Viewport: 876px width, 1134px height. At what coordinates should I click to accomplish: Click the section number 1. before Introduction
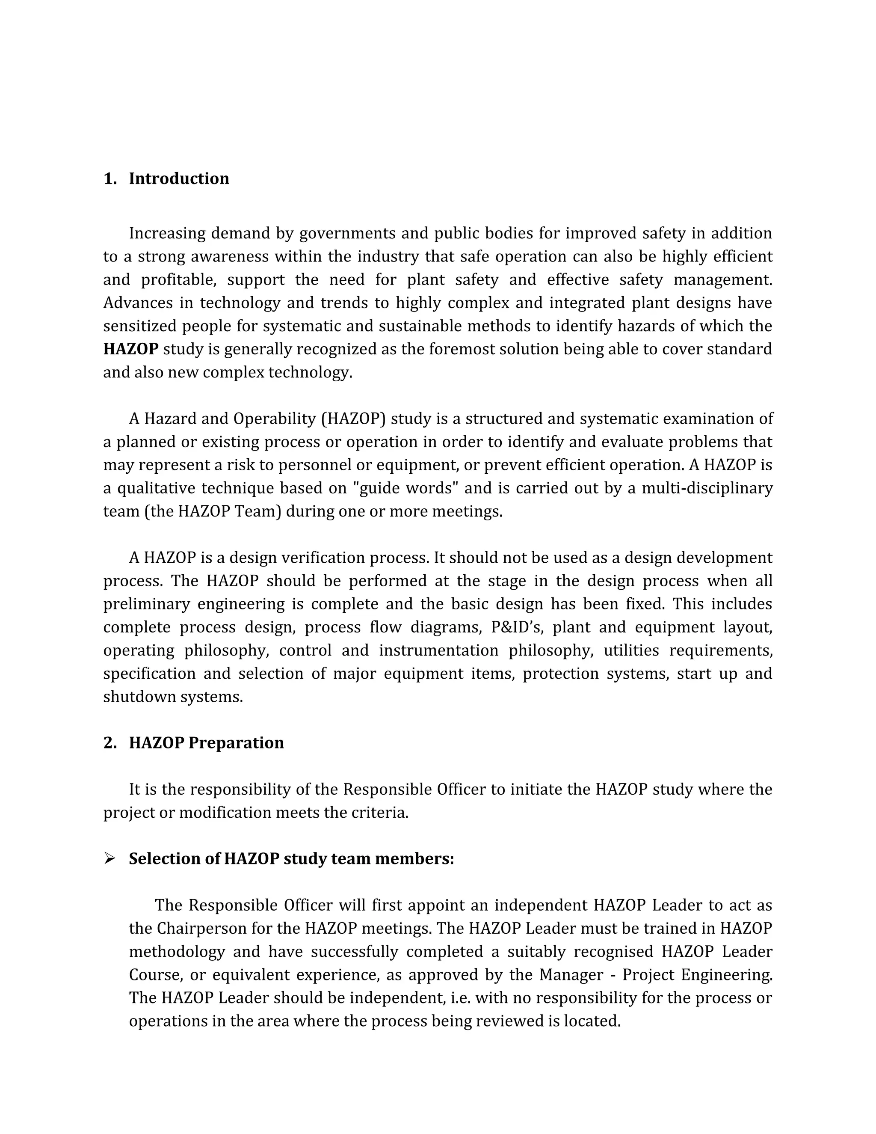click(x=109, y=178)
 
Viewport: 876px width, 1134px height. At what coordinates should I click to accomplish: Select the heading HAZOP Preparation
click(x=206, y=743)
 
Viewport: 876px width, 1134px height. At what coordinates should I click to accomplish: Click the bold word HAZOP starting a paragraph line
click(x=131, y=349)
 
